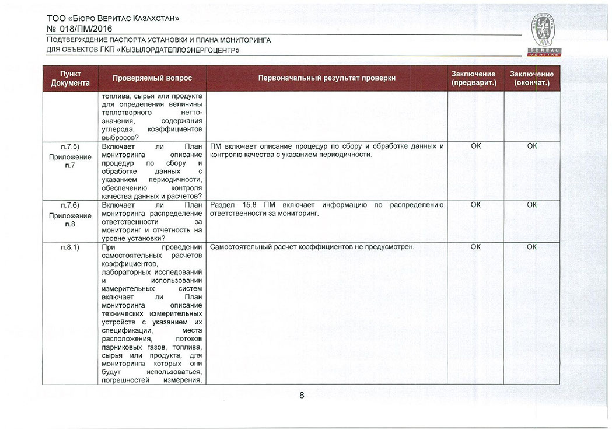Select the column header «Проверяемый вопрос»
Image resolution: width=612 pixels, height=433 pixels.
152,78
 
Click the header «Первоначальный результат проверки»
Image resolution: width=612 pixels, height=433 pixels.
327,78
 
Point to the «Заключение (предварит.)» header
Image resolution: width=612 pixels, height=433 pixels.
473,78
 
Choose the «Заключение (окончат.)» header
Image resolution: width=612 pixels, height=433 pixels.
531,78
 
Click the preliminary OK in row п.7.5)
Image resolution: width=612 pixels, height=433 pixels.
475,146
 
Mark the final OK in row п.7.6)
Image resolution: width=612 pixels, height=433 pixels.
531,205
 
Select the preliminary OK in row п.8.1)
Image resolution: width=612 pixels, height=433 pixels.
475,247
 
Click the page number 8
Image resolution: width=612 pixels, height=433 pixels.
302,395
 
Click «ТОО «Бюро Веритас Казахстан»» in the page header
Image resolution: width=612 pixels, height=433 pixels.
113,18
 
